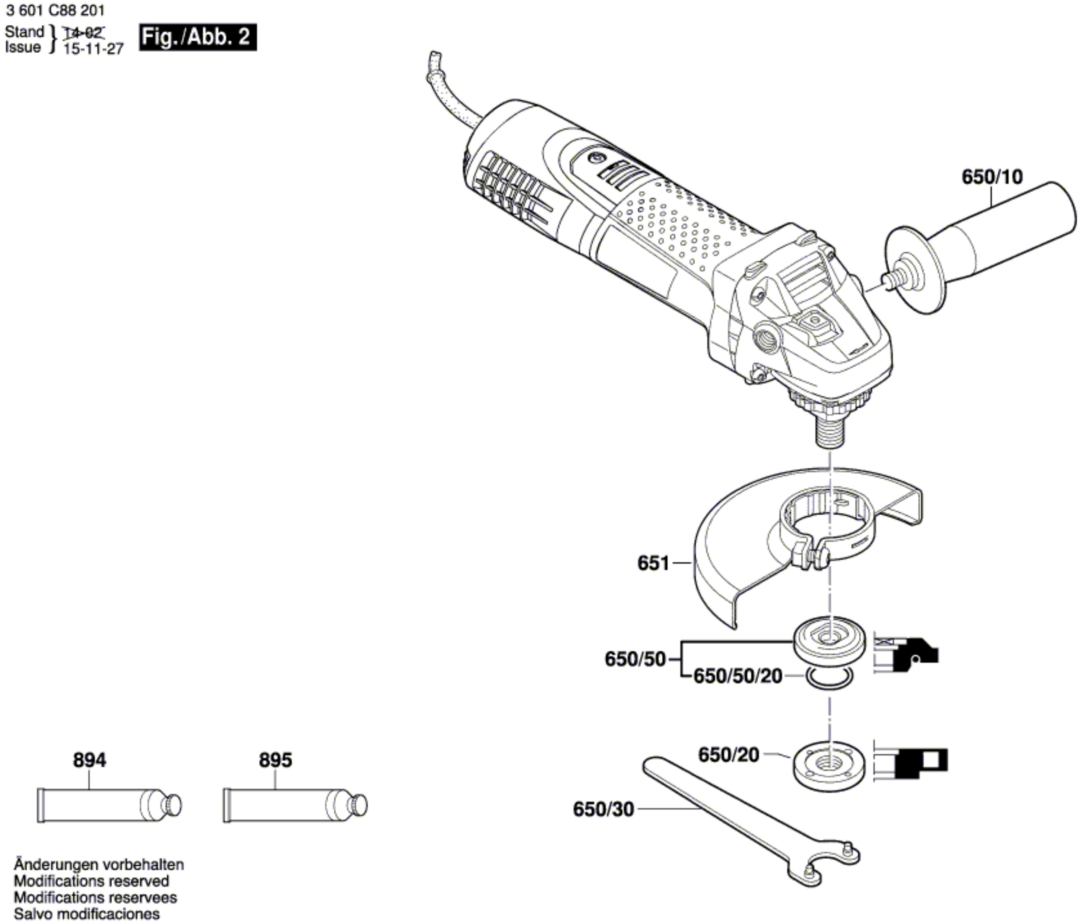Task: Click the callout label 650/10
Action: point(992,177)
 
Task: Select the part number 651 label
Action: point(653,563)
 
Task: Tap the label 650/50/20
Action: point(738,676)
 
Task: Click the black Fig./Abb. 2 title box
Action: point(198,37)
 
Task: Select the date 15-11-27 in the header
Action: point(93,49)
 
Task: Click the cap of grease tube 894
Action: point(172,806)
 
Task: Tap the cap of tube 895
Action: point(358,806)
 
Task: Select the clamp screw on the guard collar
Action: point(809,558)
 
